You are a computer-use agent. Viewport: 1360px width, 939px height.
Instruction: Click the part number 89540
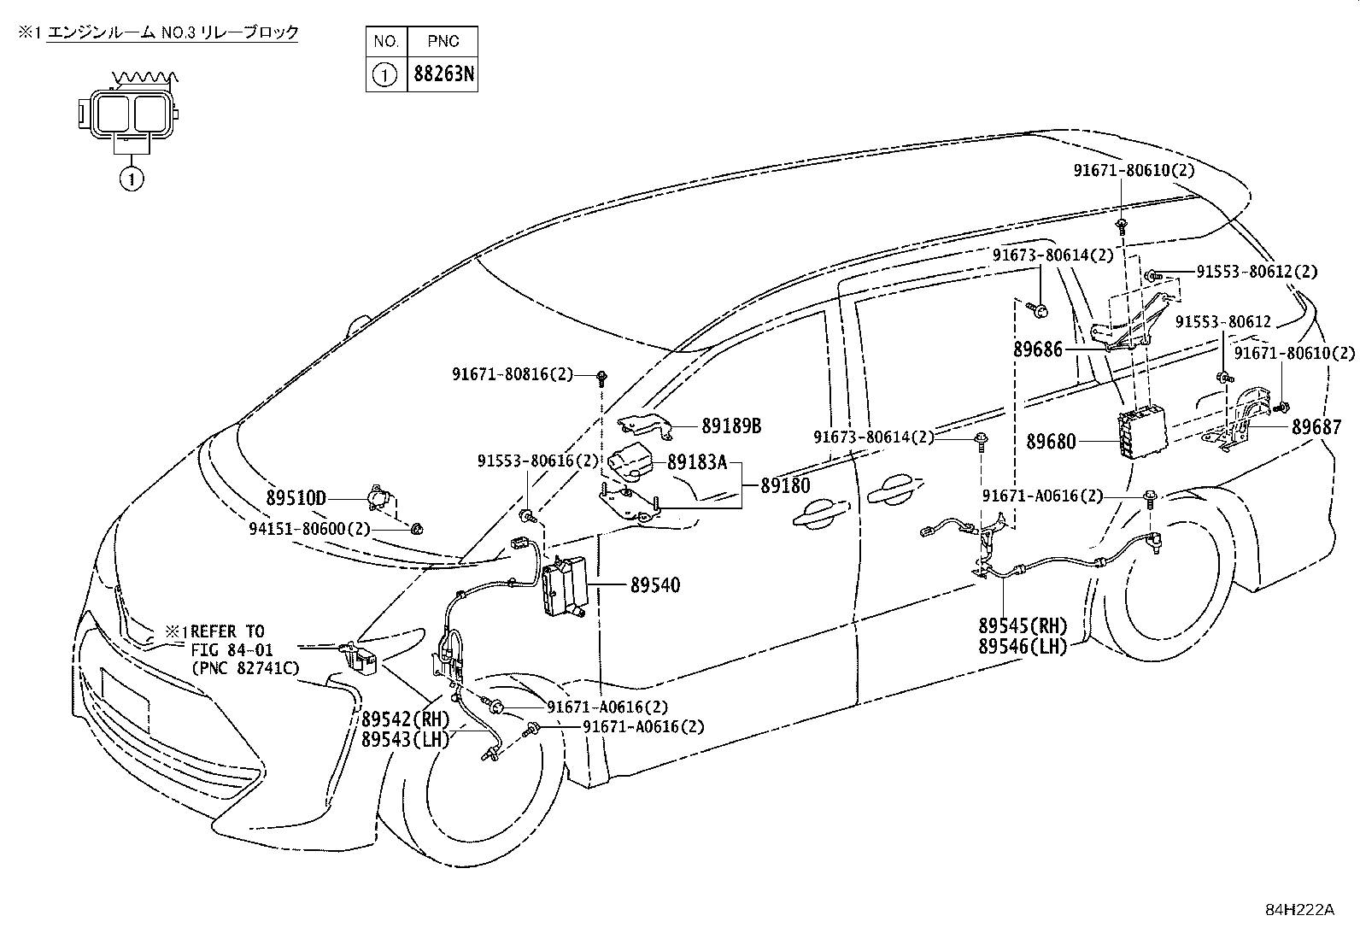[x=655, y=585]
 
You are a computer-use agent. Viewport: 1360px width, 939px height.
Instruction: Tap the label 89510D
[x=296, y=499]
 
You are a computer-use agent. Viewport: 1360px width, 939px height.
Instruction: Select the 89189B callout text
[x=731, y=426]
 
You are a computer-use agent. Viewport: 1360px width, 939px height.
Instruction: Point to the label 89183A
[x=697, y=462]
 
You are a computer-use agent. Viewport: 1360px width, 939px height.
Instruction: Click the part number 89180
[x=786, y=485]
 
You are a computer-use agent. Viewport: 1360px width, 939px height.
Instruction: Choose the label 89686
[x=1038, y=349]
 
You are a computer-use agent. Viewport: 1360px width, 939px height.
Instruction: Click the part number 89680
[x=1051, y=442]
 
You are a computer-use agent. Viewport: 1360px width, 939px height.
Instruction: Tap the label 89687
[x=1316, y=427]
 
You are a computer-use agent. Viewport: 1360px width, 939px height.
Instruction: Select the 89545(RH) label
[x=1023, y=625]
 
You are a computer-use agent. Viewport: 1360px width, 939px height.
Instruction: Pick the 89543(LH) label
[x=406, y=740]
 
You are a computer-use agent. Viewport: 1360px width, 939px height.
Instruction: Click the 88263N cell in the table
[x=443, y=74]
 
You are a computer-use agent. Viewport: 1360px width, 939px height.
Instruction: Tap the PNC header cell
[x=443, y=41]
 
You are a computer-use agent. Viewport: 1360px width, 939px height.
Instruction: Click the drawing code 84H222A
[x=1299, y=909]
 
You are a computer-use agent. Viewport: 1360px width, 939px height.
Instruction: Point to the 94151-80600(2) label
[x=309, y=529]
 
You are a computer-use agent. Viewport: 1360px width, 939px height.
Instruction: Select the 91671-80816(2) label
[x=513, y=374]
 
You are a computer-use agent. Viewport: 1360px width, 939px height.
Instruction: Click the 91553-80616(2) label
[x=538, y=461]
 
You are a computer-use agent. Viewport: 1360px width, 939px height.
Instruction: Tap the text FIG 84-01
[x=232, y=650]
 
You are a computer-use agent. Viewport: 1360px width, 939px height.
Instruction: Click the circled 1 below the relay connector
[x=132, y=179]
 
